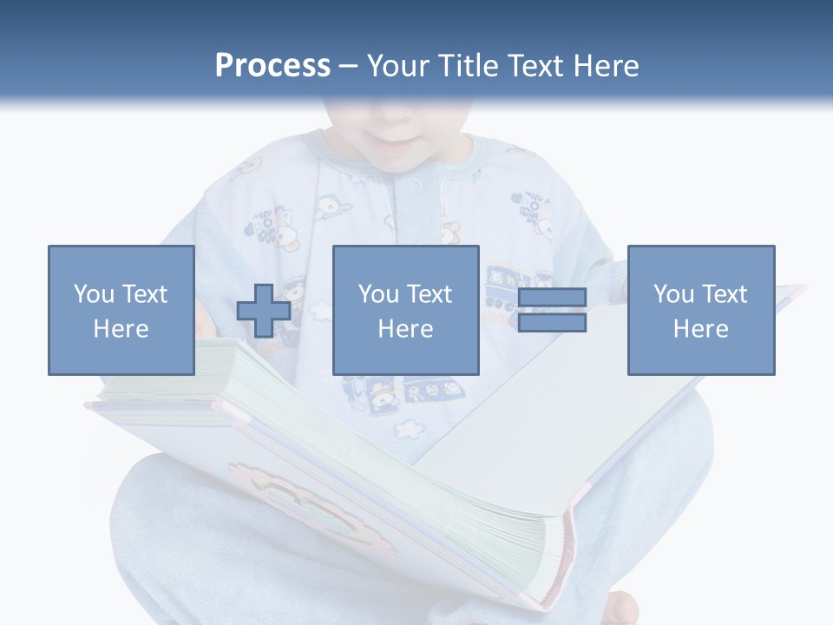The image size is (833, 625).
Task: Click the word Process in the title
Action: [272, 66]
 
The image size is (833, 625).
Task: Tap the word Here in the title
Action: [605, 66]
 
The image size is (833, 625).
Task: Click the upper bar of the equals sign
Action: [552, 298]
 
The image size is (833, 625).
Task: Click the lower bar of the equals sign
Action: [552, 323]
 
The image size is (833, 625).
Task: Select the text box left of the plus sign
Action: [121, 310]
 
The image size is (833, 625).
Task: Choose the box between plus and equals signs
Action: [405, 310]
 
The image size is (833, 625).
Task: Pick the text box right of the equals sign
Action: [700, 310]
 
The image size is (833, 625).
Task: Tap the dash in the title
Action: [348, 67]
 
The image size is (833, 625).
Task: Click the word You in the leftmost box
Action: [94, 294]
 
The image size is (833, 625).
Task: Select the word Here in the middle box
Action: [405, 329]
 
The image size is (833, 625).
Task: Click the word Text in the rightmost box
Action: [724, 294]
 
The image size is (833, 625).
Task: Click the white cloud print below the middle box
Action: [407, 428]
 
